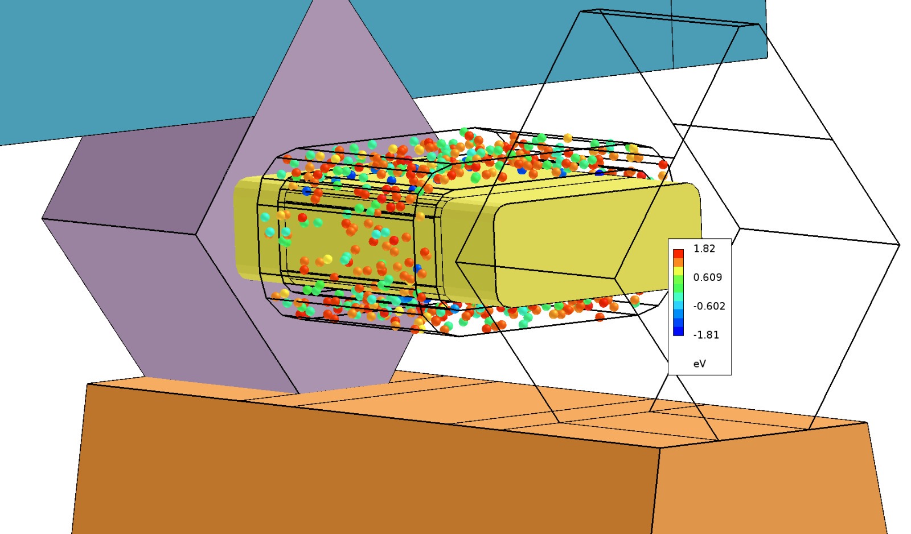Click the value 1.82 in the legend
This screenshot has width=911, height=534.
pyautogui.click(x=704, y=248)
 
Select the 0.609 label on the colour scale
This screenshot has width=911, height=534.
pyautogui.click(x=708, y=277)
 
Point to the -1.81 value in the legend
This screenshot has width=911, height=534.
pyautogui.click(x=706, y=335)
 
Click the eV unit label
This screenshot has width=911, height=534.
pyautogui.click(x=700, y=364)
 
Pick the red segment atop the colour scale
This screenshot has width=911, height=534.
pyautogui.click(x=678, y=254)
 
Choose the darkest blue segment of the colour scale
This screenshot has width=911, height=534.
pyautogui.click(x=678, y=331)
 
